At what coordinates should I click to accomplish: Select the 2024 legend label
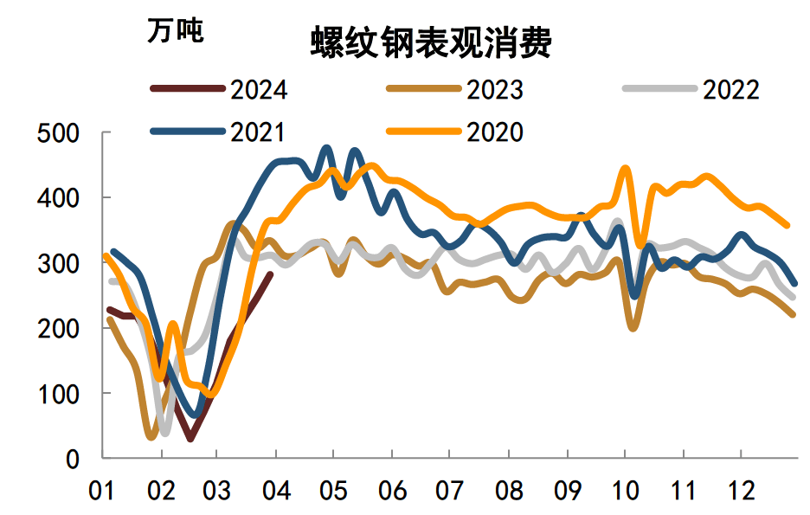point(259,89)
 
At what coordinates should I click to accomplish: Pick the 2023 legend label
point(494,89)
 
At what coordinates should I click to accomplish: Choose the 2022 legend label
point(730,89)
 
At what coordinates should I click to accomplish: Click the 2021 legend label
point(259,132)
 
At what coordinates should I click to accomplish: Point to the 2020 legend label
point(494,132)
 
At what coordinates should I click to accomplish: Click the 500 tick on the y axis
point(59,133)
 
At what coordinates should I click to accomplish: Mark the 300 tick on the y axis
point(59,263)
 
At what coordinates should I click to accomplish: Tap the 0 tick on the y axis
point(74,459)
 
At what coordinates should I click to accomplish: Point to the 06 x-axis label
point(392,492)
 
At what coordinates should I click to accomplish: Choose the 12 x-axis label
point(741,492)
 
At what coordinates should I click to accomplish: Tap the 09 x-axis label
point(567,492)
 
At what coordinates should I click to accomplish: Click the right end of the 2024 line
point(271,274)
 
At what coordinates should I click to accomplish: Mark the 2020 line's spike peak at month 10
point(625,168)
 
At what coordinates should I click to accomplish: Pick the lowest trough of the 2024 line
point(190,439)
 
